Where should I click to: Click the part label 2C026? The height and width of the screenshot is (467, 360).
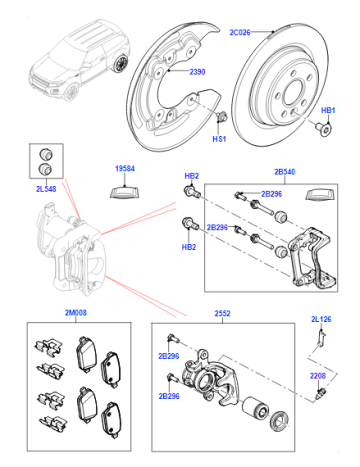pos(240,32)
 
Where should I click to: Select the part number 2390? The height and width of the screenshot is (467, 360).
pos(197,72)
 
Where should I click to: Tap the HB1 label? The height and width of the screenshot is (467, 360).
pos(328,110)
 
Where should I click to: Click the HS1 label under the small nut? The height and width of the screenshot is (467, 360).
pos(219,139)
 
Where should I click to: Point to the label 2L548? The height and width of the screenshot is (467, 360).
pos(46,189)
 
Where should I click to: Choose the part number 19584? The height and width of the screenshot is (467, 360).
pos(125,168)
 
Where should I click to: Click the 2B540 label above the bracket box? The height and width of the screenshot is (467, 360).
pos(285,172)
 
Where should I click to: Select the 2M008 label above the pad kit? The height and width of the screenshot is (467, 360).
pos(76,313)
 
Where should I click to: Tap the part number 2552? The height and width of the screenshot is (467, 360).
pos(222,313)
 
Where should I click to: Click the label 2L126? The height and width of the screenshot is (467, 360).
pos(321,319)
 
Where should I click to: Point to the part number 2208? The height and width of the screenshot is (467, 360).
pos(318,376)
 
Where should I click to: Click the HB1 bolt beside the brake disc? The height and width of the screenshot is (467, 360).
pos(323,129)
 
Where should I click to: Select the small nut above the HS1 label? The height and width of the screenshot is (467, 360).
pos(220,117)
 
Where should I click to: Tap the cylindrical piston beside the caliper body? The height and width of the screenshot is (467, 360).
pos(255,408)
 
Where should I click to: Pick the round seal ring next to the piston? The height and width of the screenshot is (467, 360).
pos(279,421)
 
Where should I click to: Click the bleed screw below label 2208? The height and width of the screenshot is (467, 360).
pos(320,394)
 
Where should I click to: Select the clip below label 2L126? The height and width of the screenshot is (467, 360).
pos(322,338)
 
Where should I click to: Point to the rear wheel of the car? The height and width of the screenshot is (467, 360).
pos(121,63)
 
